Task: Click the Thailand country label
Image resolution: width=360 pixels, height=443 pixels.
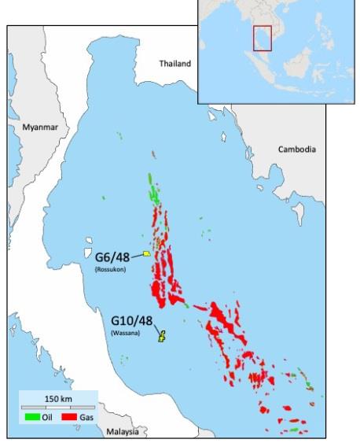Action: tap(174, 63)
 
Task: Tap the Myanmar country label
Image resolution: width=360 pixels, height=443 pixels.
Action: tap(40, 127)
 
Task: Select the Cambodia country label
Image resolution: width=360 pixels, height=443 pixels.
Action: tap(297, 149)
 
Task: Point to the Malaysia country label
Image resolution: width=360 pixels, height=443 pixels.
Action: tap(122, 432)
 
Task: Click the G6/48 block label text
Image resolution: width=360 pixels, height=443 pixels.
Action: tap(112, 257)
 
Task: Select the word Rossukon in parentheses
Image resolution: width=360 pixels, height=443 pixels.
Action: tap(110, 269)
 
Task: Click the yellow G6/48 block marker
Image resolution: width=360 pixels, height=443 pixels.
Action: tap(147, 254)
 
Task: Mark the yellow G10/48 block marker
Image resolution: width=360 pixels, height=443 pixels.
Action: tap(162, 338)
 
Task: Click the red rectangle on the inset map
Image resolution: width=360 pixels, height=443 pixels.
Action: tap(262, 38)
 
